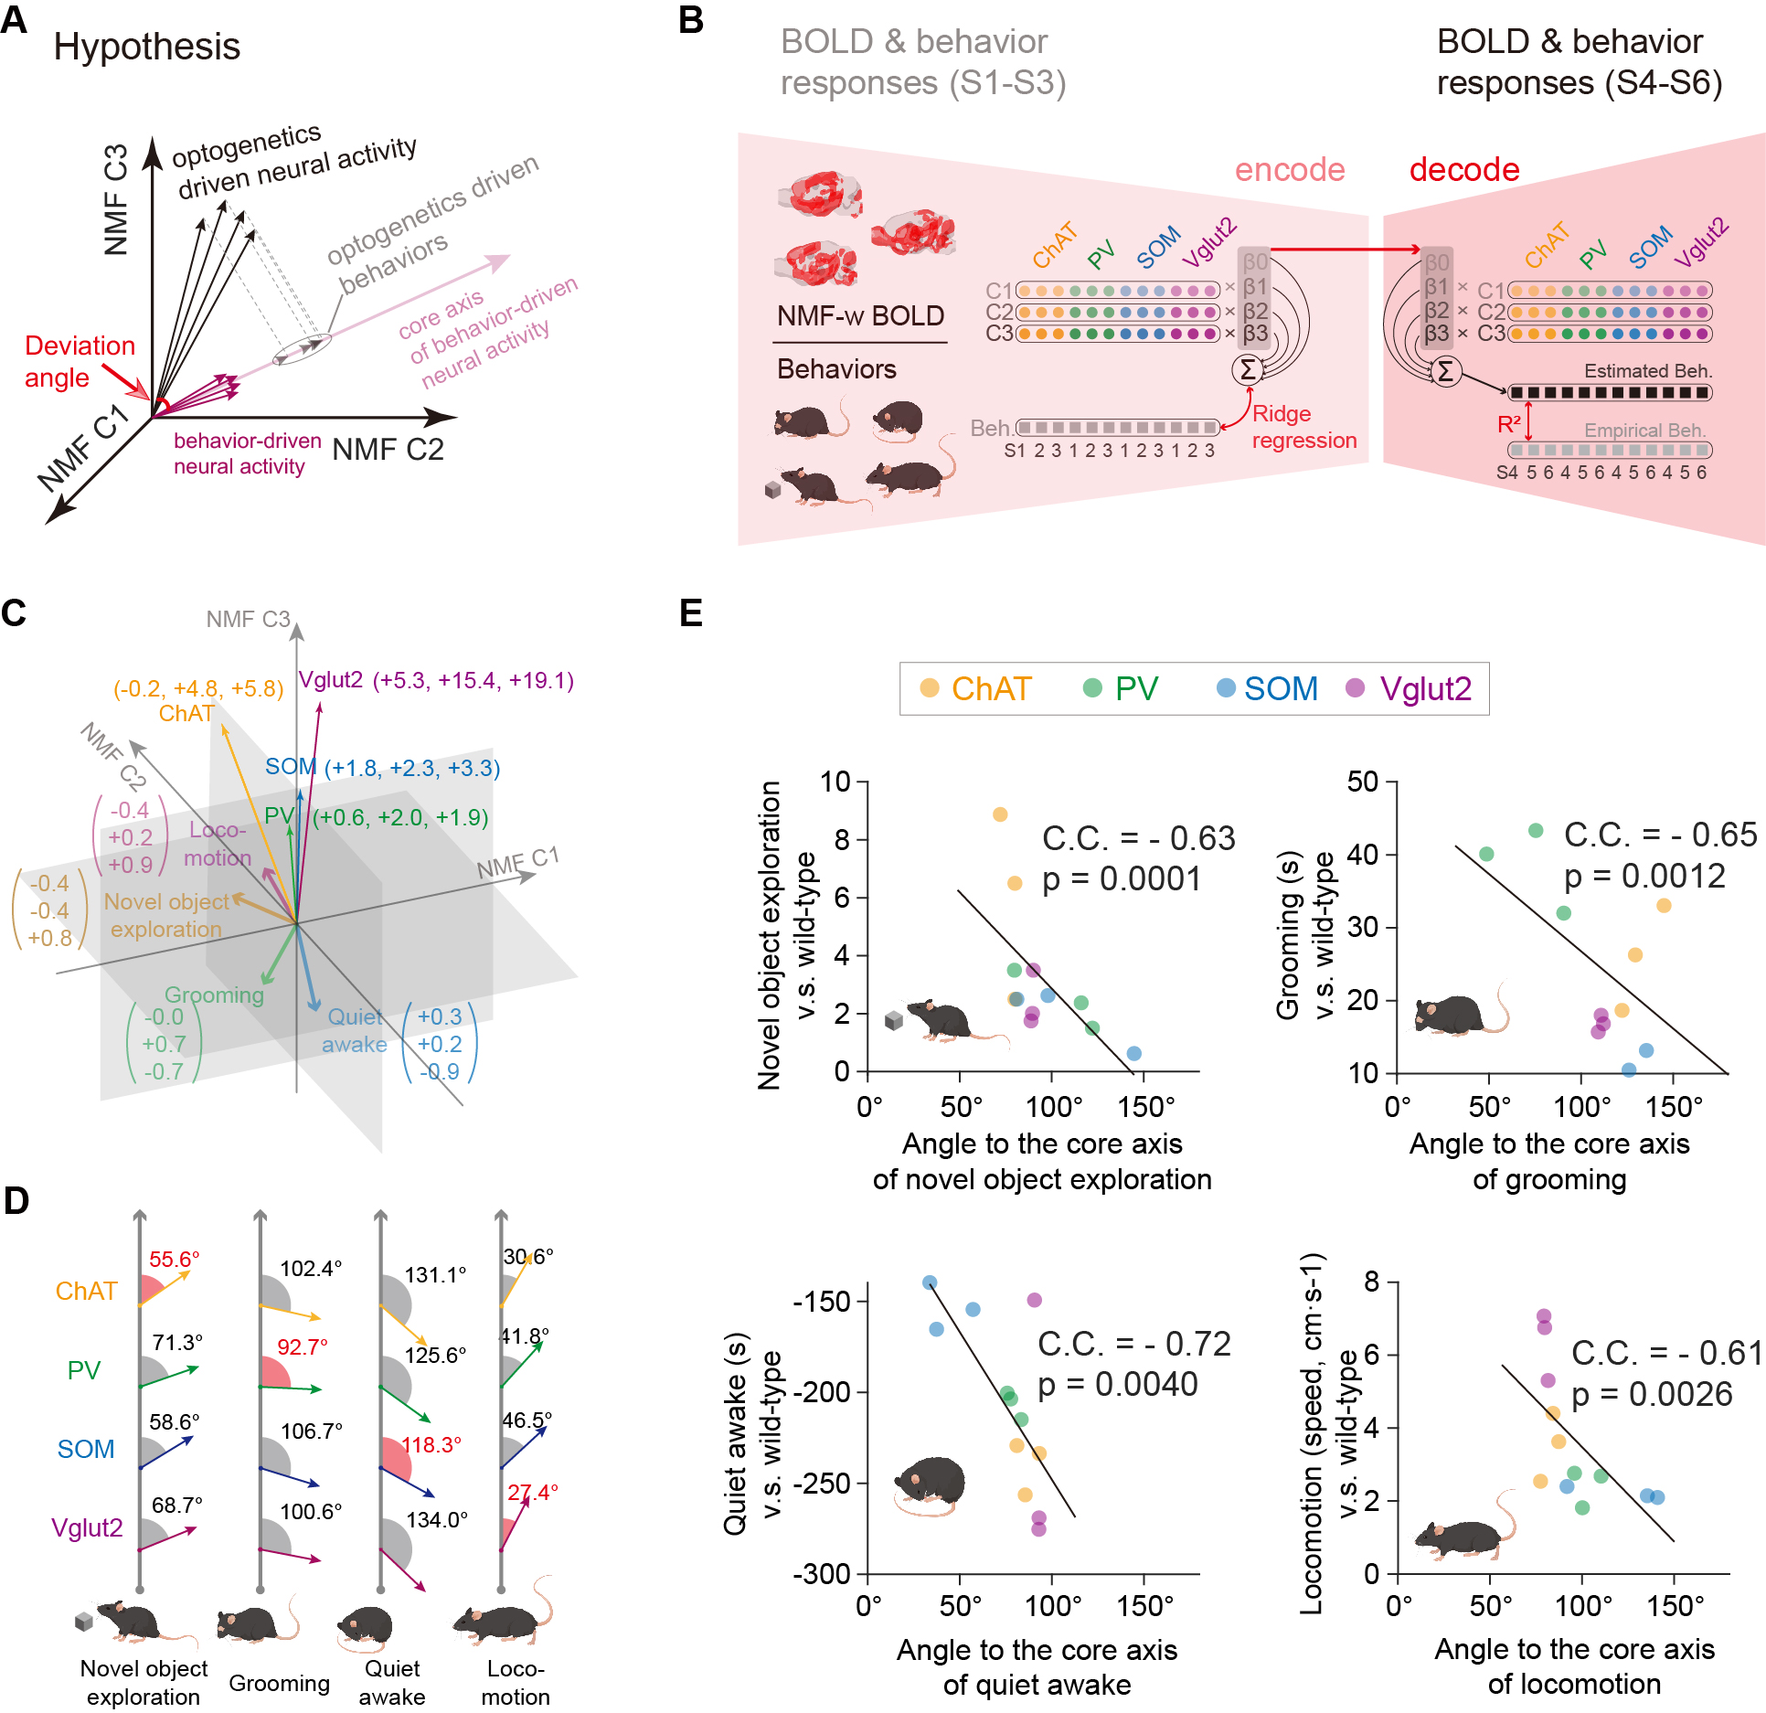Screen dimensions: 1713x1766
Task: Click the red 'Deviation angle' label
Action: [x=80, y=361]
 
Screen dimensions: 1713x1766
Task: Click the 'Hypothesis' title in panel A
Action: [x=146, y=47]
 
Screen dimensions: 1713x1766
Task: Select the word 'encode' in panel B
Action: [x=1289, y=170]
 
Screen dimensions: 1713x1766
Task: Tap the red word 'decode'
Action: [x=1463, y=170]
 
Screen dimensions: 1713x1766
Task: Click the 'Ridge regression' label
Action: [x=1303, y=427]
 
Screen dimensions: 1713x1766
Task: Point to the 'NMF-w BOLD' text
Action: [x=860, y=316]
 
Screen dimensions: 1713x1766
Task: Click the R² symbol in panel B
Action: [x=1509, y=424]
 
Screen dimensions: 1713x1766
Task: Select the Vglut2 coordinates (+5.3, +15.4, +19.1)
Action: [x=473, y=681]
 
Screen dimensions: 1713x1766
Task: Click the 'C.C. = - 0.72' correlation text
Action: [x=1133, y=1344]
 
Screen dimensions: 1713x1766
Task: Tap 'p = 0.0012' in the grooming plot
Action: [x=1644, y=877]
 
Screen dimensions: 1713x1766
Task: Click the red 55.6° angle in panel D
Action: [x=174, y=1259]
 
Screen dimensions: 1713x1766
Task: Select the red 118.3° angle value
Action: [x=431, y=1444]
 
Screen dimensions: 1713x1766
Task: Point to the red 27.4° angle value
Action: [x=532, y=1492]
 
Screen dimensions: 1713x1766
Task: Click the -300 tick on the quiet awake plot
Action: [x=822, y=1574]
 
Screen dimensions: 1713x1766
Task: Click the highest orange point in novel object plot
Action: [x=1000, y=814]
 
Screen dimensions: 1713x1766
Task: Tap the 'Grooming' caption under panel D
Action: [x=279, y=1683]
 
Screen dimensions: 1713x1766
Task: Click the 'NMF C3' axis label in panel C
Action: [x=248, y=620]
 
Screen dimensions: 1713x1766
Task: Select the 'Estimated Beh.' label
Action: [x=1648, y=371]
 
